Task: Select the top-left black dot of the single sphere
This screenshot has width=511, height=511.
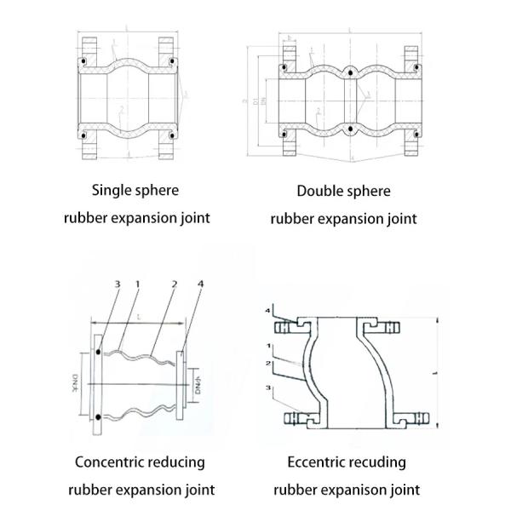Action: click(83, 63)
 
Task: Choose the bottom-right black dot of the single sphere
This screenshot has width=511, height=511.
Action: click(171, 134)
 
